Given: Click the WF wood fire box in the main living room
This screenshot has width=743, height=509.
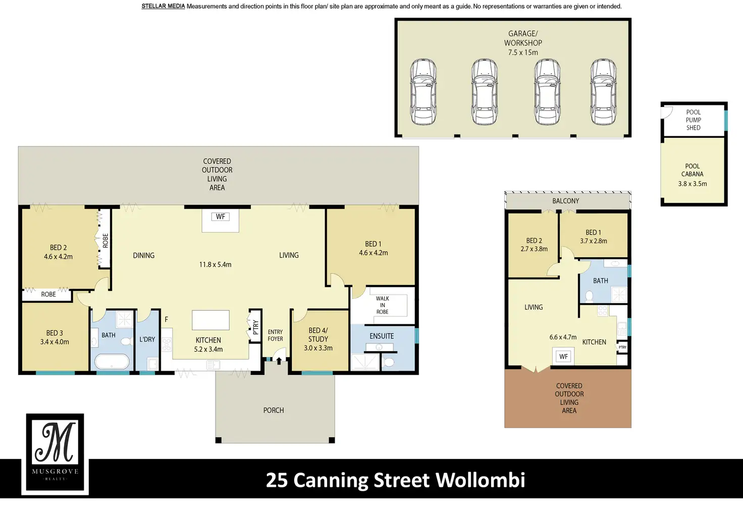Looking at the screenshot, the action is [221, 217].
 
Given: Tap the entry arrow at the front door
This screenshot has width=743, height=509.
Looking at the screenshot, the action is [279, 361].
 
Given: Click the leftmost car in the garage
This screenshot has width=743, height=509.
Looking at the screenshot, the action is [423, 92].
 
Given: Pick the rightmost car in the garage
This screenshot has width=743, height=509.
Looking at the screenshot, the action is [603, 92].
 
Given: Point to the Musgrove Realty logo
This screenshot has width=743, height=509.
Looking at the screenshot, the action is [55, 454].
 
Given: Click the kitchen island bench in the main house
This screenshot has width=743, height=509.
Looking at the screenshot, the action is [210, 320].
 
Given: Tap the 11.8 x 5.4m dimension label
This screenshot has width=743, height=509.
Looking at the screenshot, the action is [215, 265].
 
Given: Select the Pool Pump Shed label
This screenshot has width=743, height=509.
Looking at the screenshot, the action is [693, 120].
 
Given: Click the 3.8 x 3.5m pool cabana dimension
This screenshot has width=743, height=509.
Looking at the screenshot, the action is [692, 184].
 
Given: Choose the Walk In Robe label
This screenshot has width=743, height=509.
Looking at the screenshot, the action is [383, 305].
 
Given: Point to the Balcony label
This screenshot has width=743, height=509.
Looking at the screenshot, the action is [565, 201].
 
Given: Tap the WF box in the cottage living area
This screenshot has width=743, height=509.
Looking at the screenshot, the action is [563, 357].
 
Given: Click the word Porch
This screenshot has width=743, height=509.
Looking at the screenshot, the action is [274, 411].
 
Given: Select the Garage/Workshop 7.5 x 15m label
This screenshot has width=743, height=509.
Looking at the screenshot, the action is [523, 43].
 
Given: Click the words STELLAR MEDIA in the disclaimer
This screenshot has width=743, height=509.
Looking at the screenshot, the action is [163, 6].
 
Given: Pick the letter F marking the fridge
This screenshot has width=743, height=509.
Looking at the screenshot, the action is [166, 319].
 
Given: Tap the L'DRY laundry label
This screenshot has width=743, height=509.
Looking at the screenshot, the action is [147, 339].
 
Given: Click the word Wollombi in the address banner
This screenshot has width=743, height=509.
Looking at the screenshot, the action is [481, 480].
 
